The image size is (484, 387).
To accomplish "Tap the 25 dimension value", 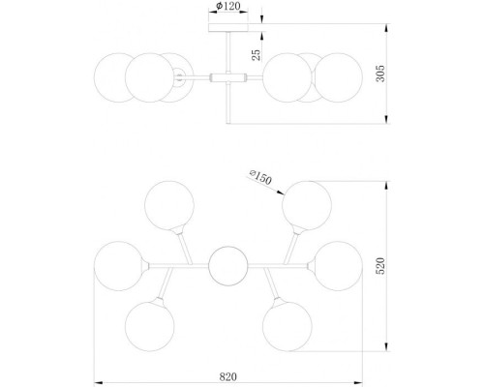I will pos(257,55).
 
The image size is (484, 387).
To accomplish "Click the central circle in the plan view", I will pos(228,265).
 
